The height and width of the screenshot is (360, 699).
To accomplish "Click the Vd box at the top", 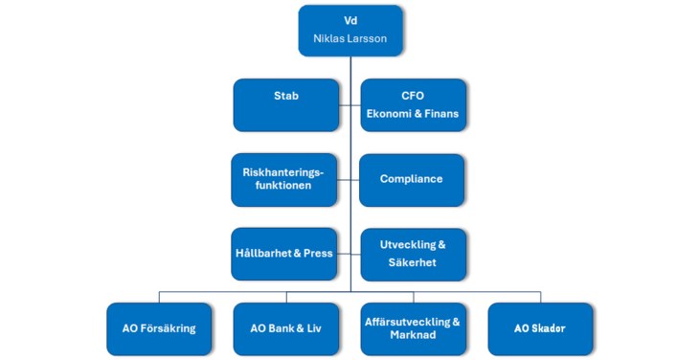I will [349, 31].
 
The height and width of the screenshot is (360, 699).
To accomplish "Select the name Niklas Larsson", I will [349, 40].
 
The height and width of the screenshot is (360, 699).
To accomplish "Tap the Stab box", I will [285, 104].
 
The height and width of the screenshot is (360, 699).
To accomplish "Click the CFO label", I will [412, 96].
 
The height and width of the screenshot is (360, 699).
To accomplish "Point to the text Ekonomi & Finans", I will [412, 114].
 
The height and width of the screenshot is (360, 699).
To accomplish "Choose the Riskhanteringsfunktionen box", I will [285, 179].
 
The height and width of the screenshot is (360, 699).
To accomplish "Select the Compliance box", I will [412, 179].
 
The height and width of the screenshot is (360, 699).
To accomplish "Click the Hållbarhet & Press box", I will [285, 254].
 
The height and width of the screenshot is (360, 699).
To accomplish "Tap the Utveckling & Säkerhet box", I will [412, 254].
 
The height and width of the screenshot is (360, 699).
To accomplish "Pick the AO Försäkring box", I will [159, 328].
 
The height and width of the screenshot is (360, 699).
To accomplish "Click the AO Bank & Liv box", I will [285, 328].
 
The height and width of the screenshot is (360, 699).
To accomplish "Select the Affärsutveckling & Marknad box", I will [412, 328].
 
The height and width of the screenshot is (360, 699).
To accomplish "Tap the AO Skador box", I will [539, 328].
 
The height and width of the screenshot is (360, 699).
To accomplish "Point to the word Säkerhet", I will [412, 262].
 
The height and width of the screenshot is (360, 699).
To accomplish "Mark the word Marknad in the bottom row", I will [412, 335].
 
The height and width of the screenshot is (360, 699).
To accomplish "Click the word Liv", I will [311, 328].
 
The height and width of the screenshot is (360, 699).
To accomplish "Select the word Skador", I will [549, 328].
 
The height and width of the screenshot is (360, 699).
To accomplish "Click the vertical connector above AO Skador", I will [539, 297].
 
